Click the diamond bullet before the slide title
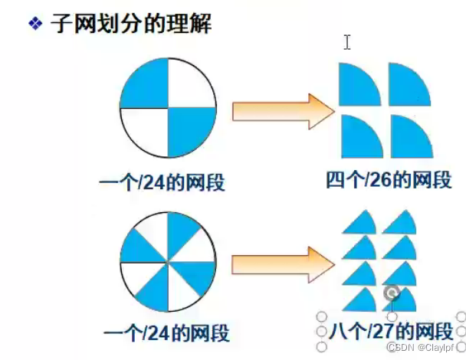(x=34, y=25)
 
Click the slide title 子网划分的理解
(x=130, y=24)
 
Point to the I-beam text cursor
(x=347, y=42)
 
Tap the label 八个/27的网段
(x=390, y=332)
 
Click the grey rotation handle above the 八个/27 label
(x=392, y=293)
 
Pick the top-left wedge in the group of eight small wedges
(x=358, y=222)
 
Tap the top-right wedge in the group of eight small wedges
(x=401, y=222)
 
